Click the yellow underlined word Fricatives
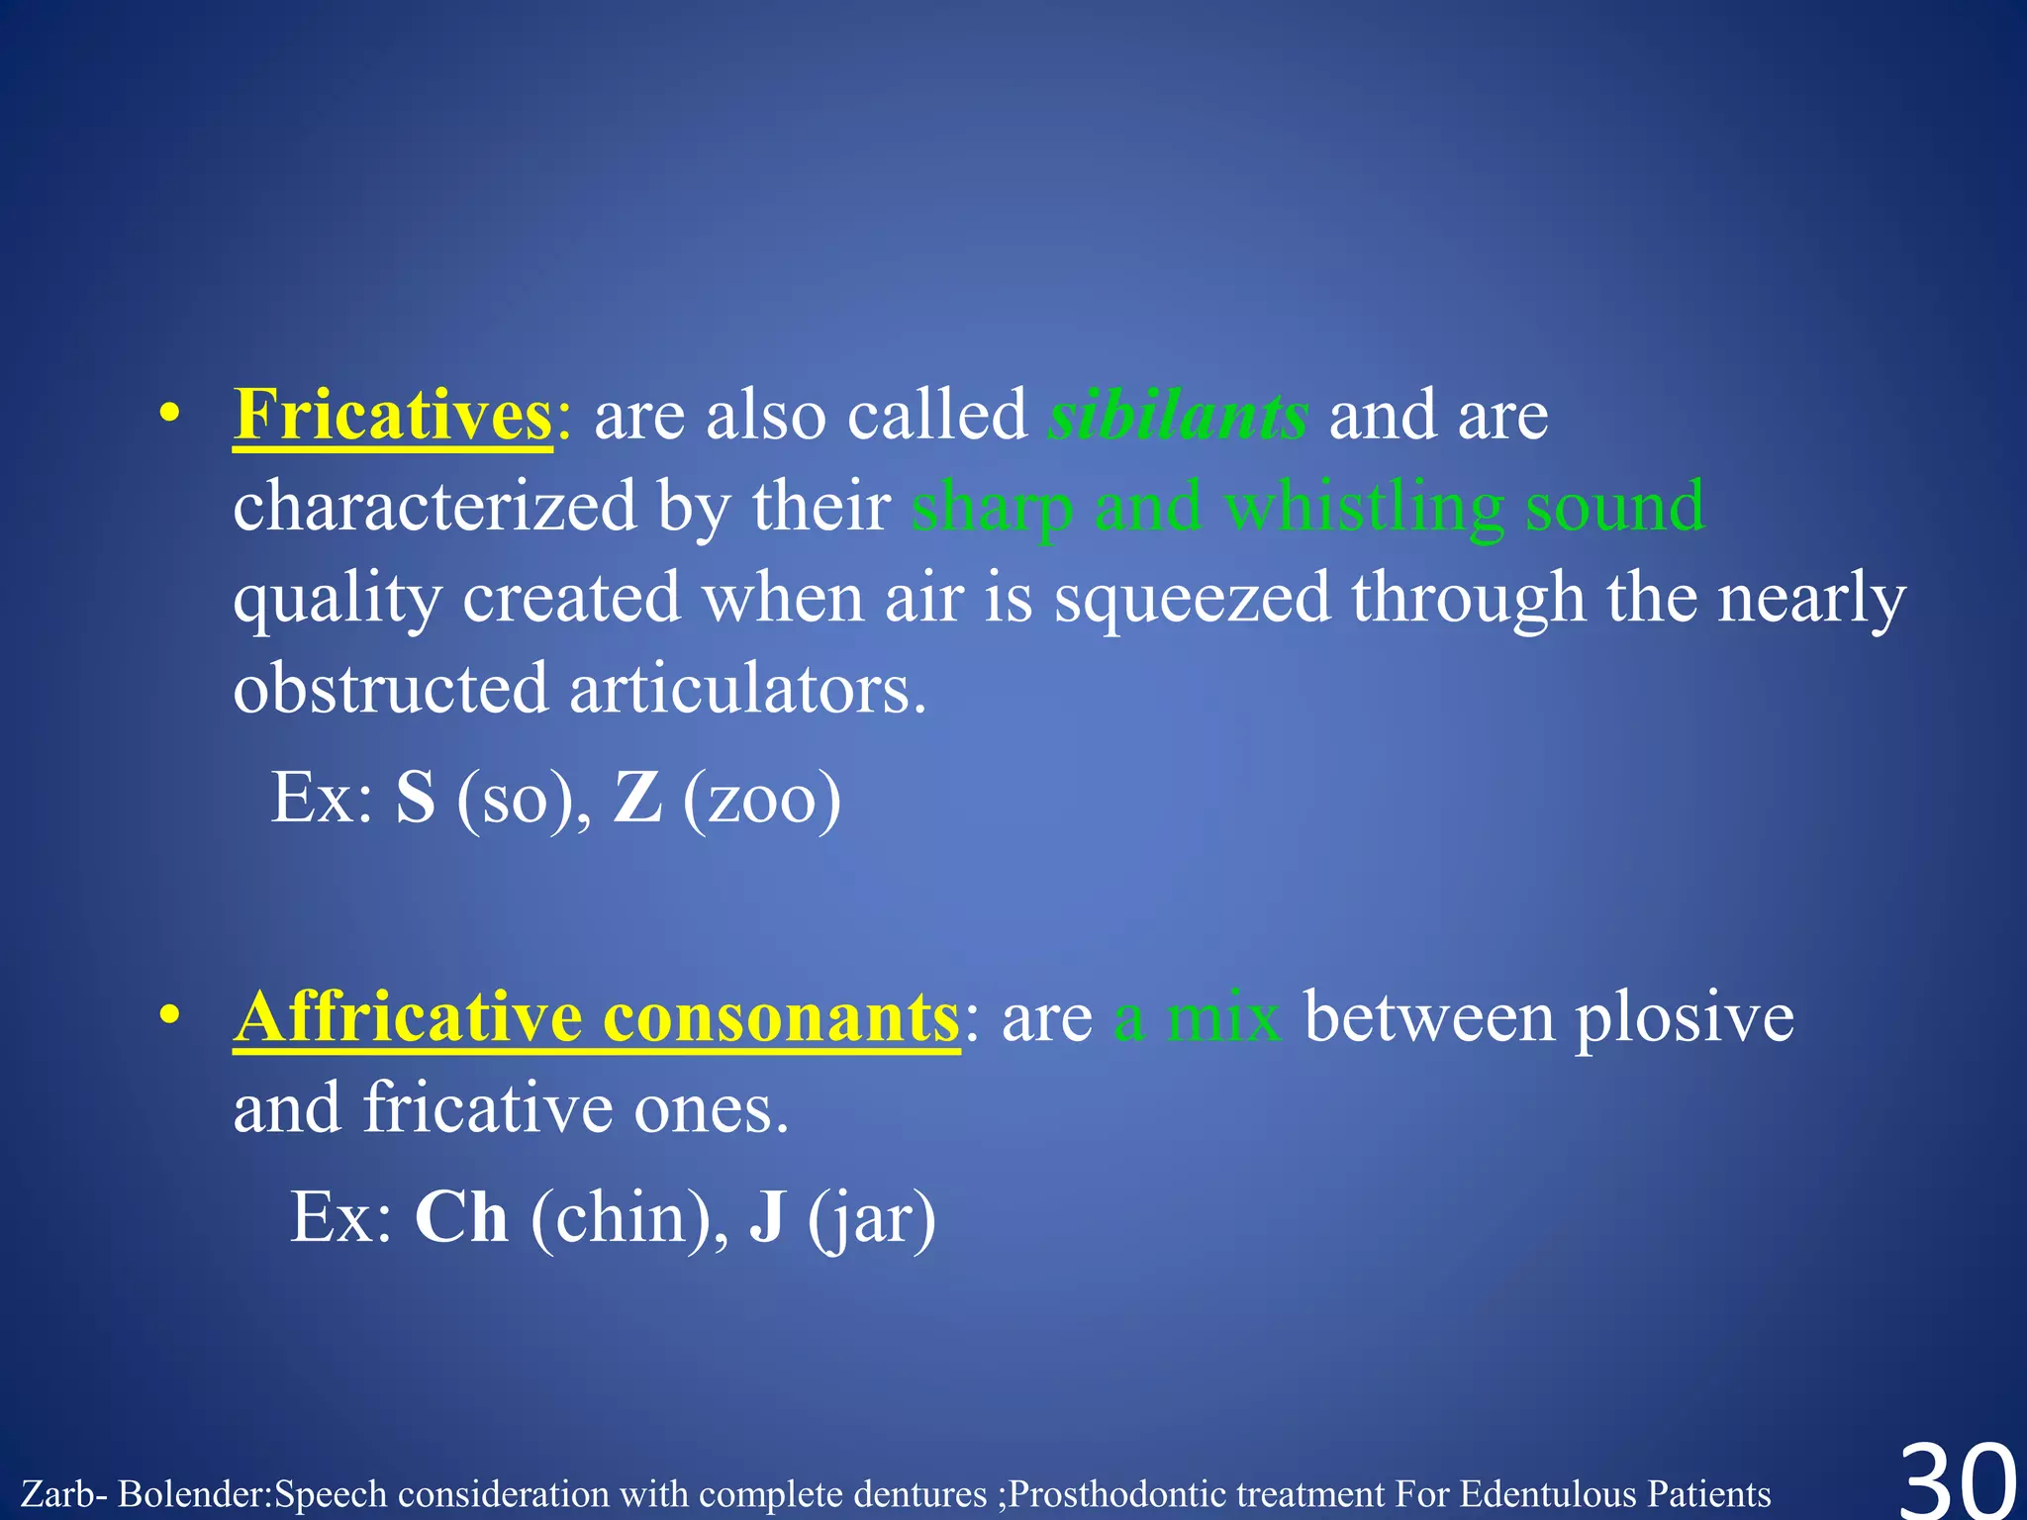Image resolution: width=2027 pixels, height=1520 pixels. (x=392, y=416)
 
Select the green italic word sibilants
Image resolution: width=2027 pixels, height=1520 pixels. (x=1178, y=416)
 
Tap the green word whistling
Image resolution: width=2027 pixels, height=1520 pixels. (x=1364, y=508)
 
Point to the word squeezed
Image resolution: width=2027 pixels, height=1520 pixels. (x=1192, y=600)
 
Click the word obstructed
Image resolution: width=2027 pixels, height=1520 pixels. (x=390, y=690)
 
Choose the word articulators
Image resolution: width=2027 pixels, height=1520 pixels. (x=747, y=690)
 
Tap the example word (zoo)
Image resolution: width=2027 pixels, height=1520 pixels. (x=761, y=800)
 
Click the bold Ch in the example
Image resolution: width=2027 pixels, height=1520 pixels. (x=461, y=1217)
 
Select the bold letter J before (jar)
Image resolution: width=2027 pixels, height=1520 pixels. (x=767, y=1217)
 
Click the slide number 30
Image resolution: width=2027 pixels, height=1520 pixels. (x=1958, y=1480)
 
